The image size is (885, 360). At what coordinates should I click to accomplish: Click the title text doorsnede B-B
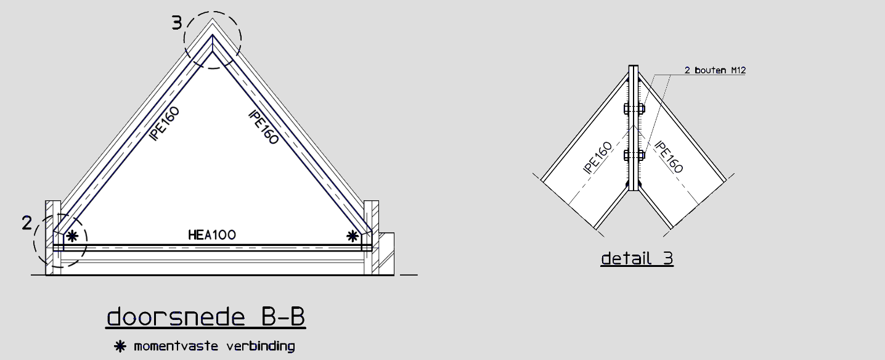(x=206, y=317)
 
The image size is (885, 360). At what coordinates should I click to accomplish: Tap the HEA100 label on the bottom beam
(x=212, y=235)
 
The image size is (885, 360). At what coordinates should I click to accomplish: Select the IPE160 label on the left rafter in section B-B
(x=165, y=123)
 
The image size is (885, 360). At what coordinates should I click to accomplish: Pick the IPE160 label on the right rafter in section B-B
(x=264, y=127)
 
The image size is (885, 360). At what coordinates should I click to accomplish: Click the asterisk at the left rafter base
(x=72, y=236)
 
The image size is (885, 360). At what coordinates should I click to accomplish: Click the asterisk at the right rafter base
(x=353, y=236)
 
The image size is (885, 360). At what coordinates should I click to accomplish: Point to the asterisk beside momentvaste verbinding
(x=120, y=346)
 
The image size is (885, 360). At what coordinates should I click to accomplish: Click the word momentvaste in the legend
(x=176, y=346)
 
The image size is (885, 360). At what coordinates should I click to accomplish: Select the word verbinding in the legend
(x=261, y=346)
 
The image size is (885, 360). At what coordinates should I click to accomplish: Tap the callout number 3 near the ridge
(x=177, y=23)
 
